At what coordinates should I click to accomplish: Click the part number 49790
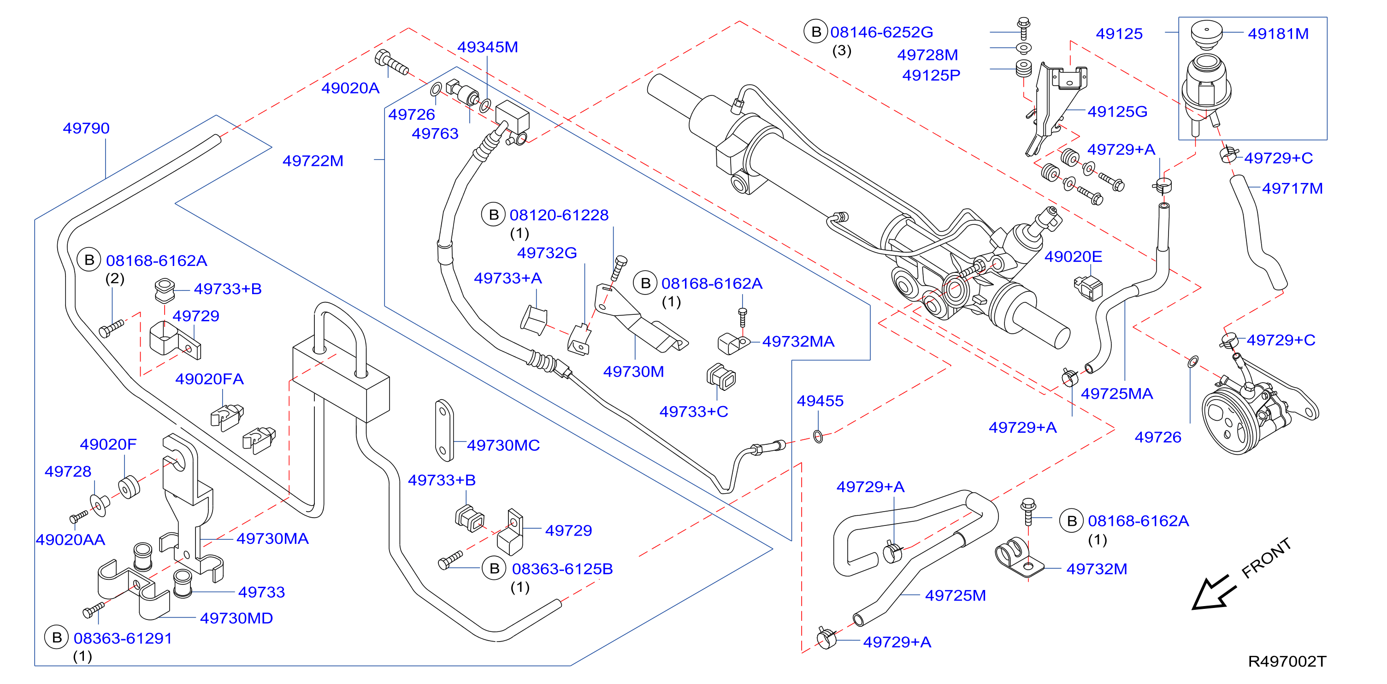[86, 128]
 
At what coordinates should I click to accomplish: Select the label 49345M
[487, 47]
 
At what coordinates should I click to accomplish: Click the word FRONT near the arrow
[1266, 558]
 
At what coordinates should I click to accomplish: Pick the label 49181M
[1278, 34]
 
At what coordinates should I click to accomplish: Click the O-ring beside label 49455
[818, 436]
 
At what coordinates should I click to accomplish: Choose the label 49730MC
[503, 445]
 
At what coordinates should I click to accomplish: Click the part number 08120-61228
[559, 215]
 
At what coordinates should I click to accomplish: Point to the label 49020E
[1073, 256]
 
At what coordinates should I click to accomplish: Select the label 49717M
[1292, 189]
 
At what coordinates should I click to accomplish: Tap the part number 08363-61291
[123, 638]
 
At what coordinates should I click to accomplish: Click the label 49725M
[955, 595]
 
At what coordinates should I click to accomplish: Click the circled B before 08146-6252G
[816, 32]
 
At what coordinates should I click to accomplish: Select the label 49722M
[313, 160]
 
